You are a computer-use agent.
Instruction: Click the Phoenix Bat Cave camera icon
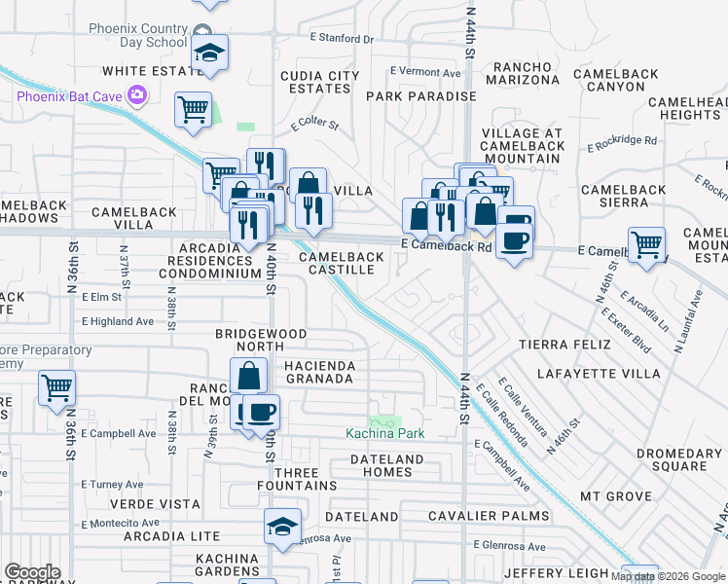[x=137, y=94]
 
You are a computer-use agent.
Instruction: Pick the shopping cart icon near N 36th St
[x=56, y=387]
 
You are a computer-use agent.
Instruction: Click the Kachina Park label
[x=385, y=433]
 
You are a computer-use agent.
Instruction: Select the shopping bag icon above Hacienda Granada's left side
[x=249, y=374]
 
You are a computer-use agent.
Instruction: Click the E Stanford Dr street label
[x=342, y=39]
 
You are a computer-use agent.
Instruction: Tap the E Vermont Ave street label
[x=425, y=71]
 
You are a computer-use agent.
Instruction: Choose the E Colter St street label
[x=313, y=125]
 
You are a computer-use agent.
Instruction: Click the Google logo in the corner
[x=32, y=572]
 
